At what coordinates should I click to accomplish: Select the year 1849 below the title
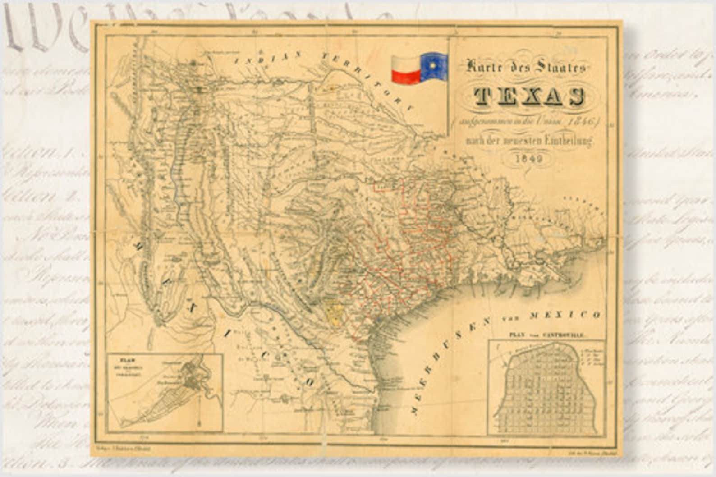(x=529, y=158)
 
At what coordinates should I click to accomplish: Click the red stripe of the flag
(x=406, y=77)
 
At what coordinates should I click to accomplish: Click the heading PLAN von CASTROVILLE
(x=546, y=335)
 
